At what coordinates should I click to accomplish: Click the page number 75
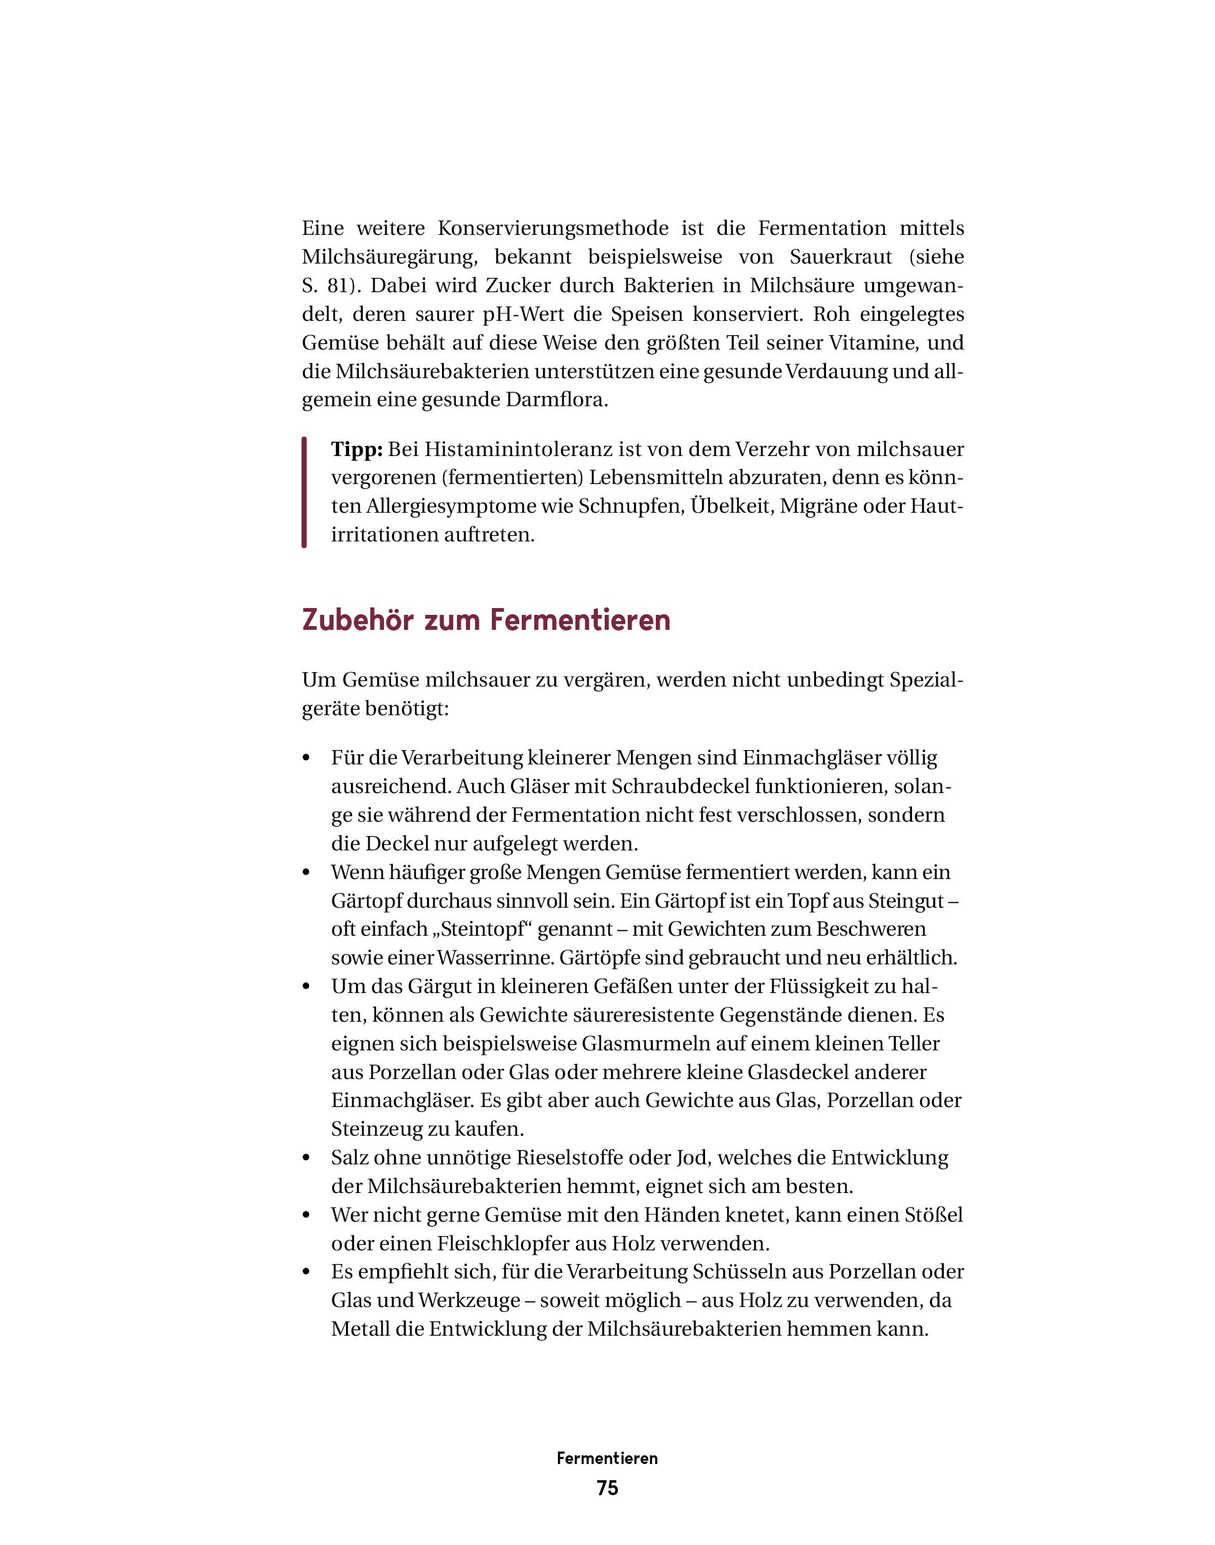pyautogui.click(x=607, y=1488)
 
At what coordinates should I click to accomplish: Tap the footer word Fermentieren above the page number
pyautogui.click(x=607, y=1458)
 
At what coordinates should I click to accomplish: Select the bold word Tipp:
pyautogui.click(x=357, y=450)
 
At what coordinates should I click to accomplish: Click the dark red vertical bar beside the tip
pyautogui.click(x=304, y=492)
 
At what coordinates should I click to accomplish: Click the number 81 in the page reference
pyautogui.click(x=340, y=286)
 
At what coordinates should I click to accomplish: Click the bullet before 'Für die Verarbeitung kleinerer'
pyautogui.click(x=307, y=759)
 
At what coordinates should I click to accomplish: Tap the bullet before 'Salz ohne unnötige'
pyautogui.click(x=307, y=1159)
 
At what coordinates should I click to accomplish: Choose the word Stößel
pyautogui.click(x=932, y=1216)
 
